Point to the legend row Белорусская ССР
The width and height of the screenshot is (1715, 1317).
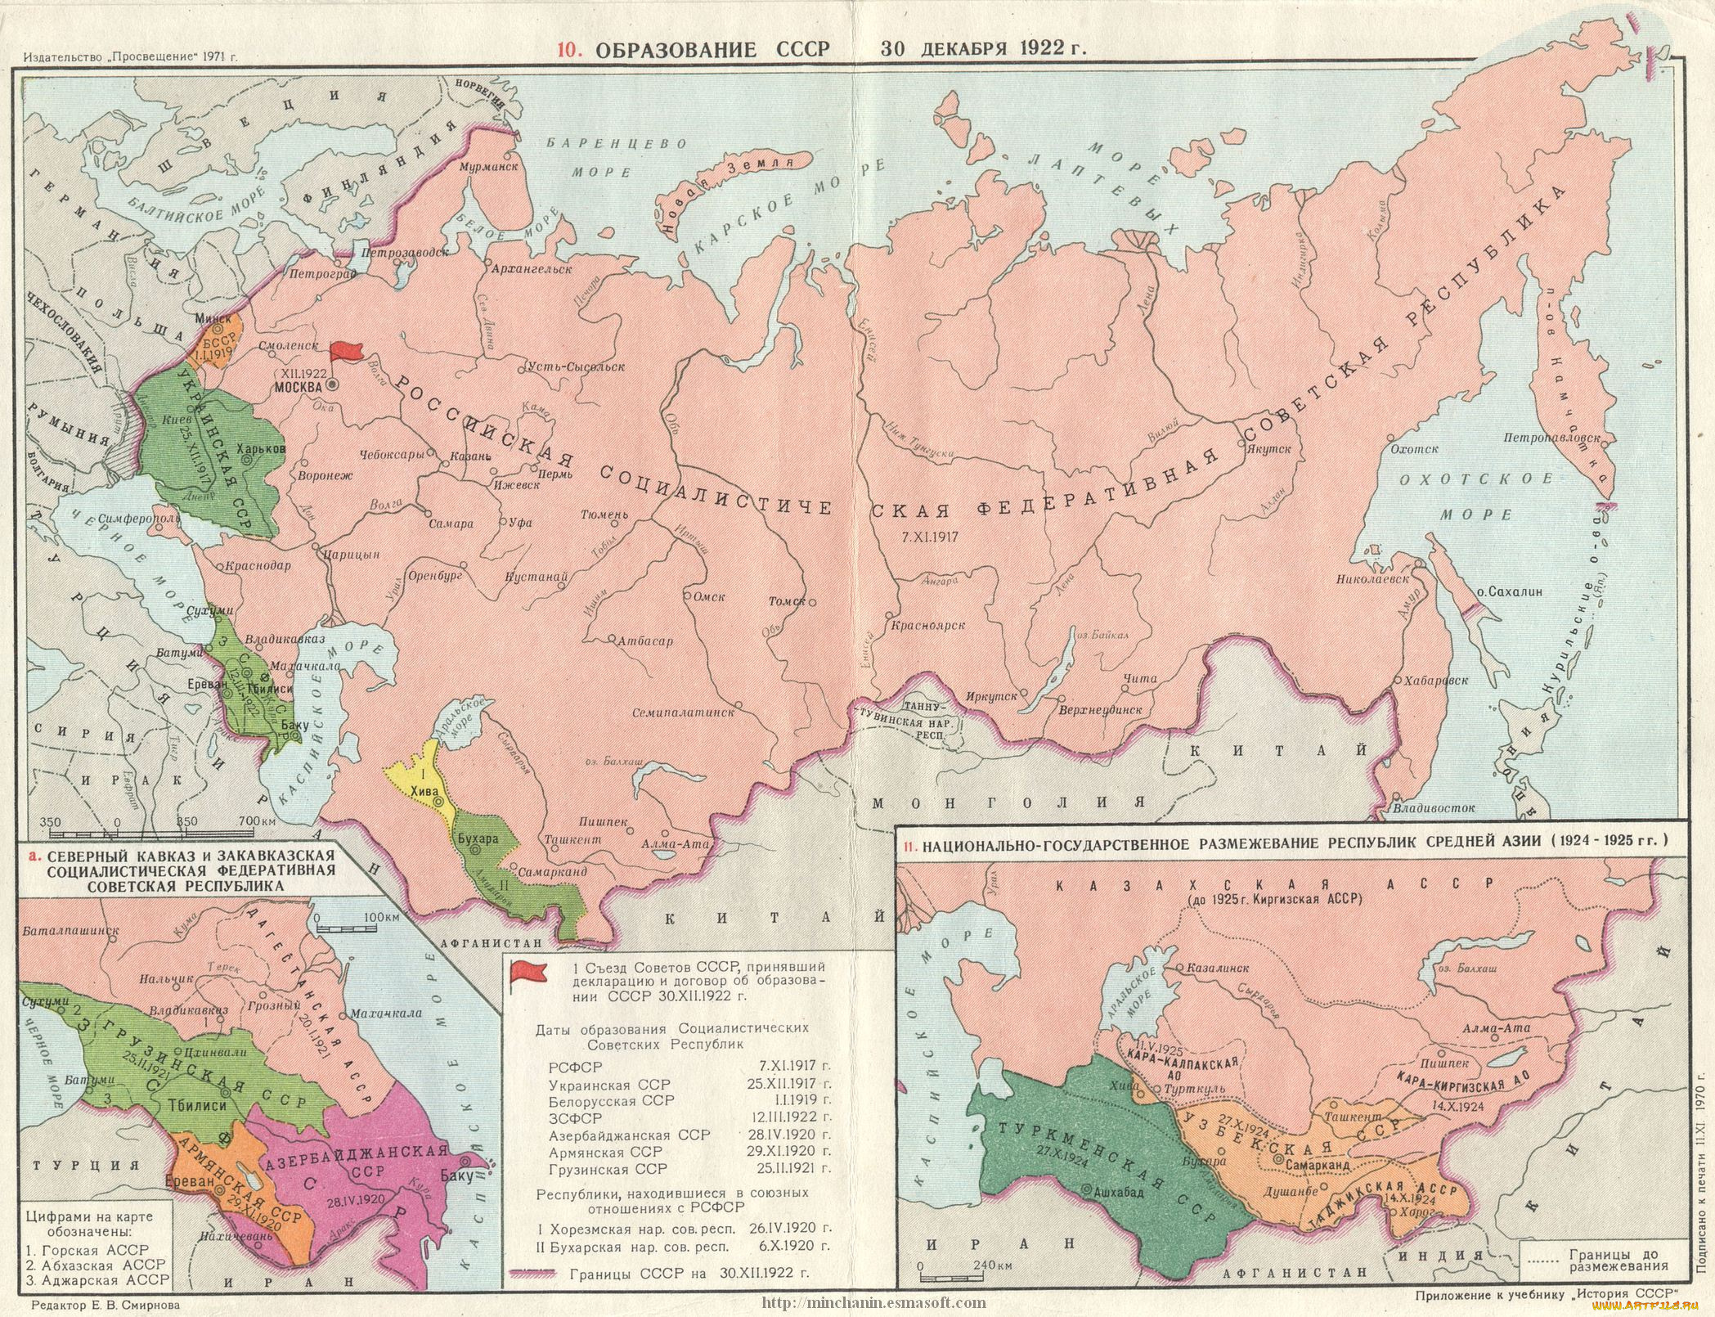click(x=610, y=1100)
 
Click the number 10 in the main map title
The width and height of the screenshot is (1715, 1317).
click(x=566, y=48)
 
